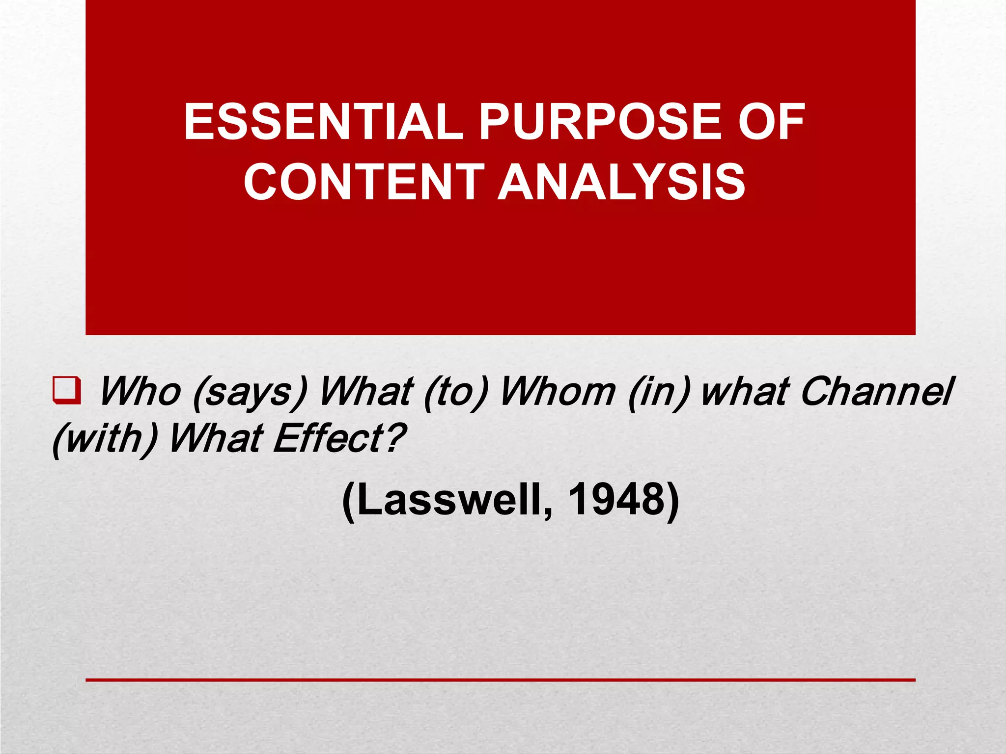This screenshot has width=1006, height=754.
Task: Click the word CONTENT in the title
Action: (364, 182)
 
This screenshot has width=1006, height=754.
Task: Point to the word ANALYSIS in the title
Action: (622, 182)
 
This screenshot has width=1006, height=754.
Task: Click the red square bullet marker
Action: (67, 391)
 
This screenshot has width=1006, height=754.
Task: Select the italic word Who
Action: (140, 392)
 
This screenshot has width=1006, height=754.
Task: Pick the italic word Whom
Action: (558, 392)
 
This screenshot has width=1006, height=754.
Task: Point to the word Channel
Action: (877, 392)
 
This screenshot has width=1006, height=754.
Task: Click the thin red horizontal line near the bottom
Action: (500, 680)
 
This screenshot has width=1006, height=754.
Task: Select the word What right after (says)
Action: (366, 392)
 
